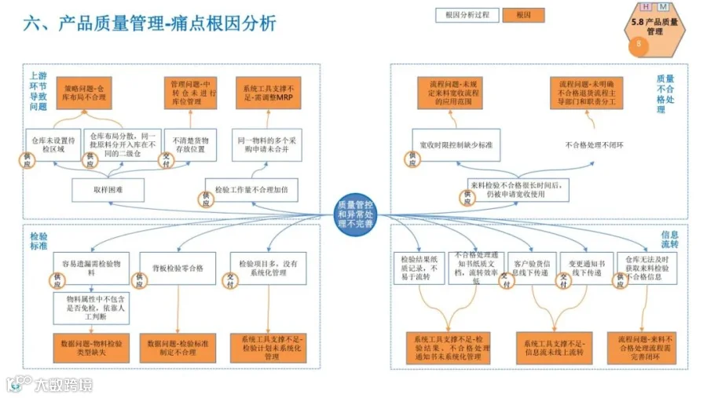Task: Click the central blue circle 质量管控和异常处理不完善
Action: [x=355, y=214]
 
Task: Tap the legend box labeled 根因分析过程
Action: [x=467, y=15]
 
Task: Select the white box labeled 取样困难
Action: [x=104, y=189]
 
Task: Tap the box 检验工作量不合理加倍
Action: [x=254, y=189]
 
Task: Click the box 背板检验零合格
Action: [x=177, y=268]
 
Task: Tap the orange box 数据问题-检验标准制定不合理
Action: [x=178, y=345]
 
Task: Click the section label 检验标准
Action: [x=38, y=240]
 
